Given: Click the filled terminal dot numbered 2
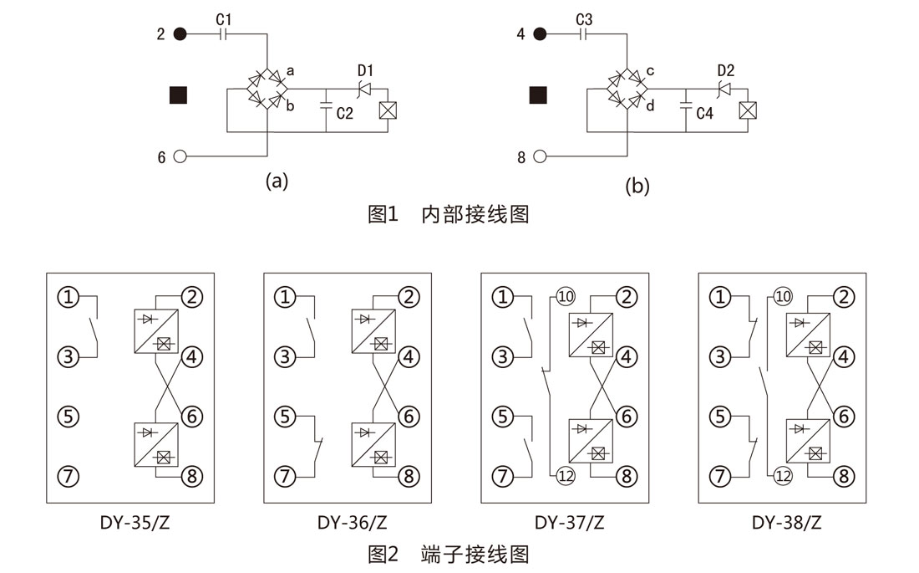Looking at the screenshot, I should [x=179, y=34].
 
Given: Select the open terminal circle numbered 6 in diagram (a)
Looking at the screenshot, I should [x=179, y=156].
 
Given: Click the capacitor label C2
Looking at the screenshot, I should [x=344, y=113].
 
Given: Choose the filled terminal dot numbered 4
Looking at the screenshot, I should [x=540, y=34].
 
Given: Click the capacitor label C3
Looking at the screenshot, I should [x=584, y=18].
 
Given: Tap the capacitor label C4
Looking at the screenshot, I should [x=705, y=113].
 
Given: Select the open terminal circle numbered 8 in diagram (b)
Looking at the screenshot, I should [x=540, y=156].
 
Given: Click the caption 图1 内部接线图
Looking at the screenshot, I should [x=449, y=214].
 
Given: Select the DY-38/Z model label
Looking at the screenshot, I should [x=786, y=524].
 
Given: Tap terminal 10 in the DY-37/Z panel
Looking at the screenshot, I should [x=566, y=297].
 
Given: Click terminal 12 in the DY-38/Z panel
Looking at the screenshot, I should [x=783, y=477].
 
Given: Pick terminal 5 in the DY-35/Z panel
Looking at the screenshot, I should [x=69, y=416].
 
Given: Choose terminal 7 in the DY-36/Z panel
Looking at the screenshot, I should [x=287, y=477].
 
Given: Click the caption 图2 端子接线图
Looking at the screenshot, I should [x=449, y=554].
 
